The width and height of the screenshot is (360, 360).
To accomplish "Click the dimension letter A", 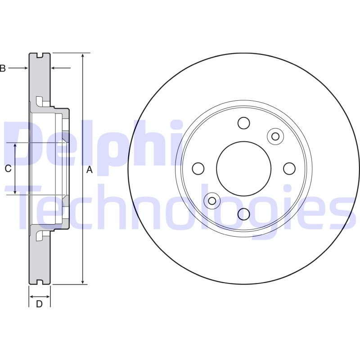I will pyautogui.click(x=89, y=170).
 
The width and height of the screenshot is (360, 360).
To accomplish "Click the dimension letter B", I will pyautogui.click(x=2, y=68).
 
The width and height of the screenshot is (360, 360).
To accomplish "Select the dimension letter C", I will pyautogui.click(x=8, y=169).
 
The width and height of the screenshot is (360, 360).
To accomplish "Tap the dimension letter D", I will pyautogui.click(x=39, y=304).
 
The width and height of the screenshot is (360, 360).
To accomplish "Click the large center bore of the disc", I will pyautogui.click(x=244, y=168).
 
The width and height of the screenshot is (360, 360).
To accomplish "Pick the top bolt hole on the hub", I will pyautogui.click(x=243, y=123).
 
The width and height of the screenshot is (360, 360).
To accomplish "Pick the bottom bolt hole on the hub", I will pyautogui.click(x=243, y=214).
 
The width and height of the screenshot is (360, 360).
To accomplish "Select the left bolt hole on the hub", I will pyautogui.click(x=198, y=169).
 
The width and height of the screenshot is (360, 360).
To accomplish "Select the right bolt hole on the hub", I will pyautogui.click(x=289, y=168).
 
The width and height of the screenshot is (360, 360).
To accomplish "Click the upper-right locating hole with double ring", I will pyautogui.click(x=275, y=136).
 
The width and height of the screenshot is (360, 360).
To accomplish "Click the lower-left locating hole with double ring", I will pyautogui.click(x=211, y=200).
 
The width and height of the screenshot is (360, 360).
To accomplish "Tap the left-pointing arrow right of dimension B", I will pyautogui.click(x=53, y=68).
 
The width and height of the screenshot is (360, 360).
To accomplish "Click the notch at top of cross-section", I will pyautogui.click(x=39, y=56).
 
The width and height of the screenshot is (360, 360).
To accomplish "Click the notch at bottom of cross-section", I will pyautogui.click(x=39, y=282).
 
